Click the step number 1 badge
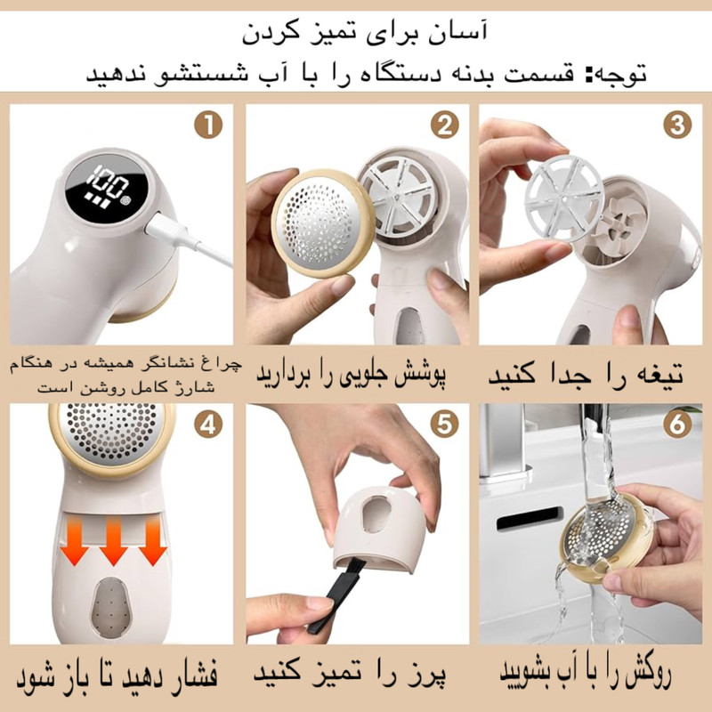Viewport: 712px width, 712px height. [208, 125]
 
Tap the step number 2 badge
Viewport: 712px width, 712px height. [444, 125]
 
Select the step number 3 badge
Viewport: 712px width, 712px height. [677, 125]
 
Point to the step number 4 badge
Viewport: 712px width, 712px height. [208, 425]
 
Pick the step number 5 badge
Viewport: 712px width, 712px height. [444, 425]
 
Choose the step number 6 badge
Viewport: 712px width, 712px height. [677, 425]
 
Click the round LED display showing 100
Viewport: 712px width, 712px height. [106, 188]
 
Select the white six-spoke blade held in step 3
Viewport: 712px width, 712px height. [564, 198]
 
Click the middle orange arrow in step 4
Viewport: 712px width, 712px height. [114, 542]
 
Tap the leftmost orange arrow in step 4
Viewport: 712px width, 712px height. [75, 542]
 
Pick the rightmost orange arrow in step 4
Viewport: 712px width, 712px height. [153, 542]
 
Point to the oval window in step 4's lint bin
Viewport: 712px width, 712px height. [112, 608]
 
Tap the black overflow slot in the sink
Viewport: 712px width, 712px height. [530, 518]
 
